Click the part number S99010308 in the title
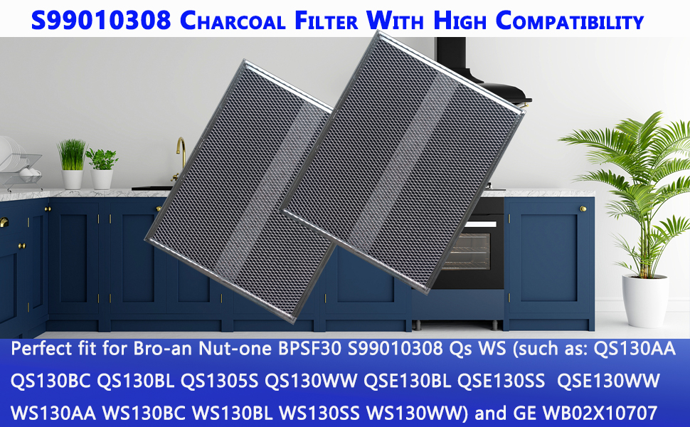(101, 20)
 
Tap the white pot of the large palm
(644, 300)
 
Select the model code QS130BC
(50, 381)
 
